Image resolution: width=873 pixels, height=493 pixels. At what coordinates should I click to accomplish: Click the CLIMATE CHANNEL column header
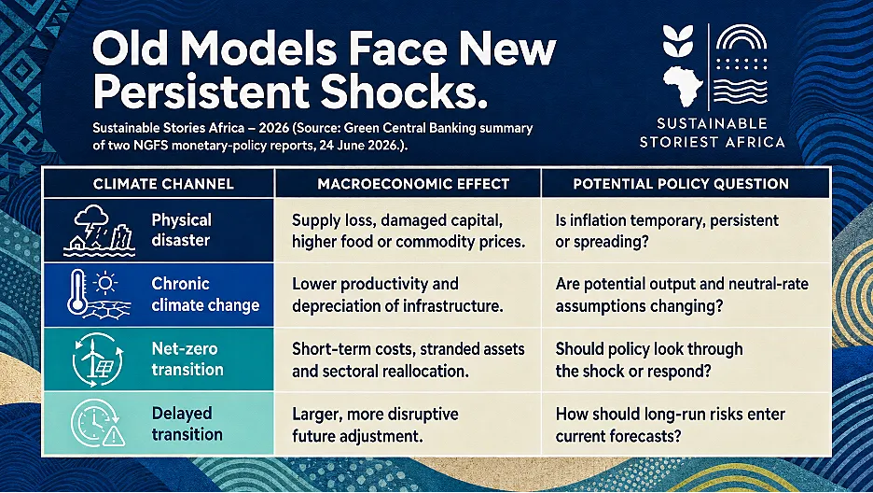point(163,184)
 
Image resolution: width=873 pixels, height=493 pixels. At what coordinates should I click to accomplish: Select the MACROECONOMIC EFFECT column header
point(413,184)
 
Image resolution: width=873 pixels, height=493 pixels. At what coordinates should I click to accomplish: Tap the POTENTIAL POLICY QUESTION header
point(681,184)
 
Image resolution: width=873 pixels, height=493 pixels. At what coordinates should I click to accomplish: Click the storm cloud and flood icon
point(99,231)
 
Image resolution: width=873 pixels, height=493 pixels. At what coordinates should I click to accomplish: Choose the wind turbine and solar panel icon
point(97,359)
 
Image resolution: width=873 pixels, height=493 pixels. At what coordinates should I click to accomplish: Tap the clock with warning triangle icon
point(98,423)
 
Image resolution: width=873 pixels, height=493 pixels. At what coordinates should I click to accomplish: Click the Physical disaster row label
point(182,230)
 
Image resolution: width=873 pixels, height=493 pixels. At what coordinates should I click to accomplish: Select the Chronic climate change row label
point(205,294)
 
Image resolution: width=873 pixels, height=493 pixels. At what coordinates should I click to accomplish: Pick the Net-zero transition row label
point(187,359)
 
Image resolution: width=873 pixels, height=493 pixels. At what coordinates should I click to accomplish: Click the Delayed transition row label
point(187,423)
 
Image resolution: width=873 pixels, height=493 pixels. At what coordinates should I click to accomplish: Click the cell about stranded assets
point(409,359)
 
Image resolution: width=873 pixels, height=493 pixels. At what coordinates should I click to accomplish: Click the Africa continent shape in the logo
point(683,86)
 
